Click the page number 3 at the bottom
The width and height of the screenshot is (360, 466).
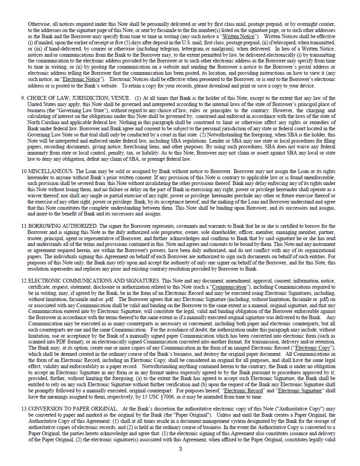coord(180,449)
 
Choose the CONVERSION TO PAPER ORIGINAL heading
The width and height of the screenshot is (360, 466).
coord(73,409)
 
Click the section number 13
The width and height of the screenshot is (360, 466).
coord(24,409)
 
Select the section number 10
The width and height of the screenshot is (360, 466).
coord(24,171)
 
